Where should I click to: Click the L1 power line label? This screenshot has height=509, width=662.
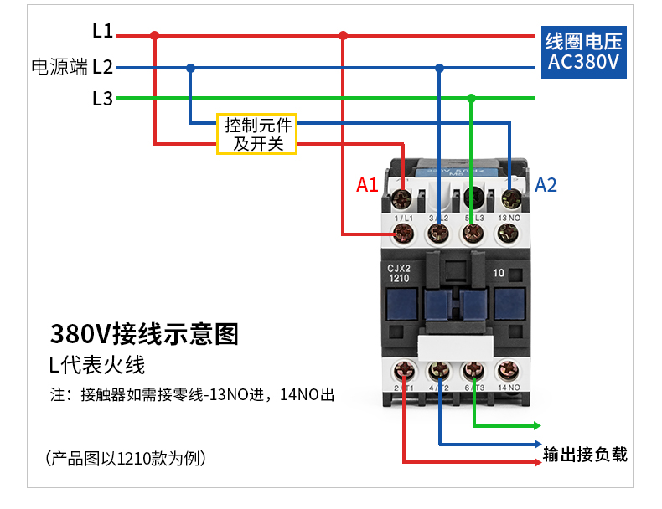[x=102, y=32]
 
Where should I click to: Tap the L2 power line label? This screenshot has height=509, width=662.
[x=102, y=67]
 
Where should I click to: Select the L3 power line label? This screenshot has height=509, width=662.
[x=102, y=99]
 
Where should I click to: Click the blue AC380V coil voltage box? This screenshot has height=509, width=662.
[x=584, y=52]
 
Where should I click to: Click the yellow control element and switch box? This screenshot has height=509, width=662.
[x=257, y=134]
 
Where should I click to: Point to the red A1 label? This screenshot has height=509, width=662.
[x=367, y=185]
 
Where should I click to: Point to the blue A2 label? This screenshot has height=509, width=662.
[x=546, y=185]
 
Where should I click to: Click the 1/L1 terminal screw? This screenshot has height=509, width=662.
[x=404, y=232]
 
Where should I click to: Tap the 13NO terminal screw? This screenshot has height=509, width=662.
[x=508, y=232]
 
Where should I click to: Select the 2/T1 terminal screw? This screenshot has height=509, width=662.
[x=404, y=369]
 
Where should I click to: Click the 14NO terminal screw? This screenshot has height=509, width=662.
[x=508, y=369]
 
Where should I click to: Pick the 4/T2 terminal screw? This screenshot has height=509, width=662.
[x=438, y=369]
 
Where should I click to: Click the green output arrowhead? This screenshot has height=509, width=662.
[x=535, y=424]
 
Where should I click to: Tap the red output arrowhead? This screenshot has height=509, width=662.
[x=535, y=461]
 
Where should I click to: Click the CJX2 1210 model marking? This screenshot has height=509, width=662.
[x=398, y=273]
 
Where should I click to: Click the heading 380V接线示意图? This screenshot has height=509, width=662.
[x=144, y=334]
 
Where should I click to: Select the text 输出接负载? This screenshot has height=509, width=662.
[x=585, y=455]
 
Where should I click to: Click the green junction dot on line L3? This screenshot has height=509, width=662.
[x=471, y=99]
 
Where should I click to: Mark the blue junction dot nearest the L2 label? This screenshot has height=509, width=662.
[x=191, y=68]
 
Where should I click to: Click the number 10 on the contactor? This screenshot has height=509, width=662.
[x=499, y=272]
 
